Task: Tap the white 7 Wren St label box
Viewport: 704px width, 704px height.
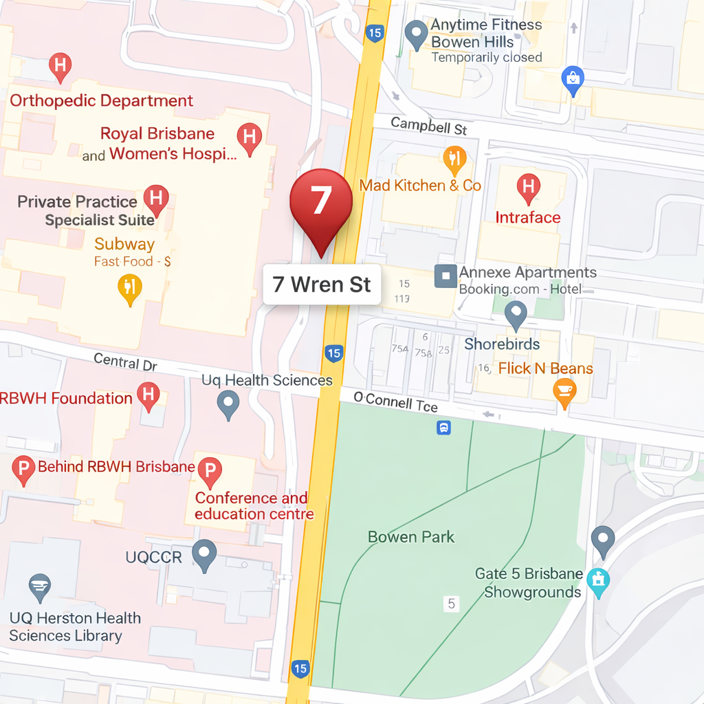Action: tap(322, 284)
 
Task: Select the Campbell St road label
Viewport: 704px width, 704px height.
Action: tap(428, 126)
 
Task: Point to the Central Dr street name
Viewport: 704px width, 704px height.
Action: tap(125, 362)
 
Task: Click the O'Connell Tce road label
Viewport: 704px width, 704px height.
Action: tap(395, 402)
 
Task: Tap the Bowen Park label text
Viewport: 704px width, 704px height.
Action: tap(411, 537)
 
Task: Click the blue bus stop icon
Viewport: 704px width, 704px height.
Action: tap(444, 428)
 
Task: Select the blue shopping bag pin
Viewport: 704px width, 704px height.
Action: tap(573, 80)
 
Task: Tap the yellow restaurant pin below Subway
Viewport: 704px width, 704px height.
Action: tap(129, 287)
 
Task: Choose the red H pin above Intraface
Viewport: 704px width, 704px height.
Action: tap(528, 188)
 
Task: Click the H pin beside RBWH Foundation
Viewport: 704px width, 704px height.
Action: tap(148, 396)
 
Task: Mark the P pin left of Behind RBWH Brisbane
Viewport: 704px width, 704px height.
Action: tap(23, 470)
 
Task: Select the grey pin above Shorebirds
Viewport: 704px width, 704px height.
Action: tap(516, 314)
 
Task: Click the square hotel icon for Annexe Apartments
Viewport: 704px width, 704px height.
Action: tap(445, 276)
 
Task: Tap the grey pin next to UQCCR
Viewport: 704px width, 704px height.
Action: tap(204, 553)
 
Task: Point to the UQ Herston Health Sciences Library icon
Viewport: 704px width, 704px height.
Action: tap(40, 586)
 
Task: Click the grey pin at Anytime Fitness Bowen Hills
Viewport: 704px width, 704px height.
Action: tap(415, 33)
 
